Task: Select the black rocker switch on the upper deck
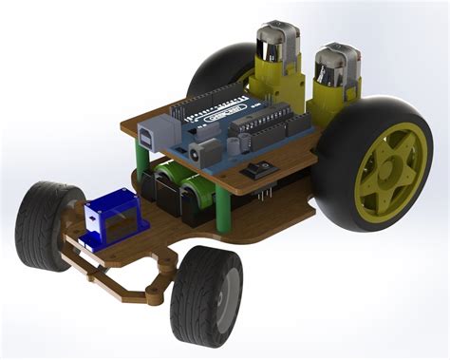[x=257, y=172]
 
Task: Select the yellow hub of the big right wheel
[x=384, y=170]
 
